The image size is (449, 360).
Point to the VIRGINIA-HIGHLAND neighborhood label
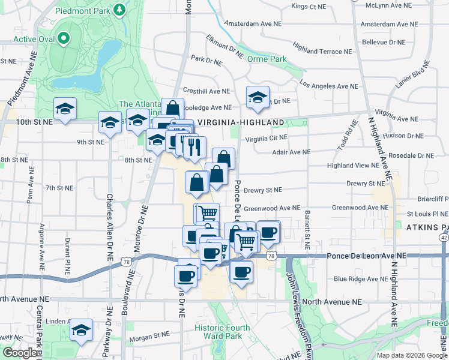241,122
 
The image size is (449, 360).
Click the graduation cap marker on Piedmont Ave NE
65,109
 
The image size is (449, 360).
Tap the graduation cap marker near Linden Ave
81,331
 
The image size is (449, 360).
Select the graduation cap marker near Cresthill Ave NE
258,98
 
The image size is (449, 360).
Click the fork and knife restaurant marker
194,146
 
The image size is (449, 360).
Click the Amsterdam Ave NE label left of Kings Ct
252,24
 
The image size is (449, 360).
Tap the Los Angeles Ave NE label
328,86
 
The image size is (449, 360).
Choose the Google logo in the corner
20,353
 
